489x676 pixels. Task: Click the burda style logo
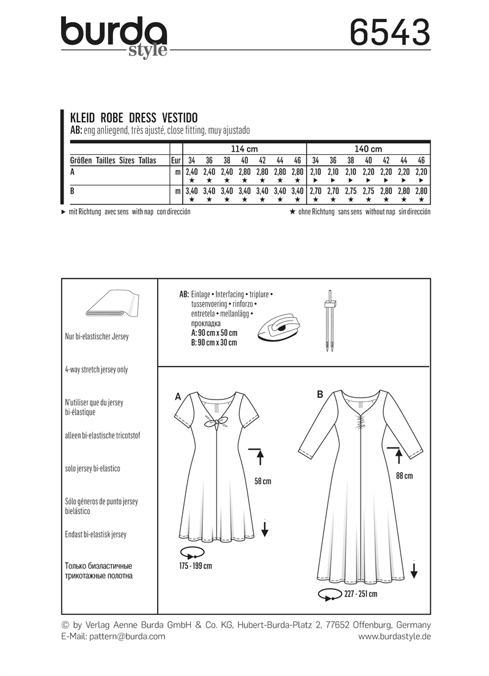(114, 35)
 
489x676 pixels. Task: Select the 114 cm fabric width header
(244, 149)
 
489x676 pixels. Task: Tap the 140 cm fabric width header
(368, 149)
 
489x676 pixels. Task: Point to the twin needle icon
(331, 324)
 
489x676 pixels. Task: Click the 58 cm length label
(262, 481)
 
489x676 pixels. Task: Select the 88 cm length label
(404, 476)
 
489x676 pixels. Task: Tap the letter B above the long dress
(320, 396)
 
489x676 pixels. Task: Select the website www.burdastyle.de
(395, 636)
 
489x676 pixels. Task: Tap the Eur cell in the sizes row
(176, 160)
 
